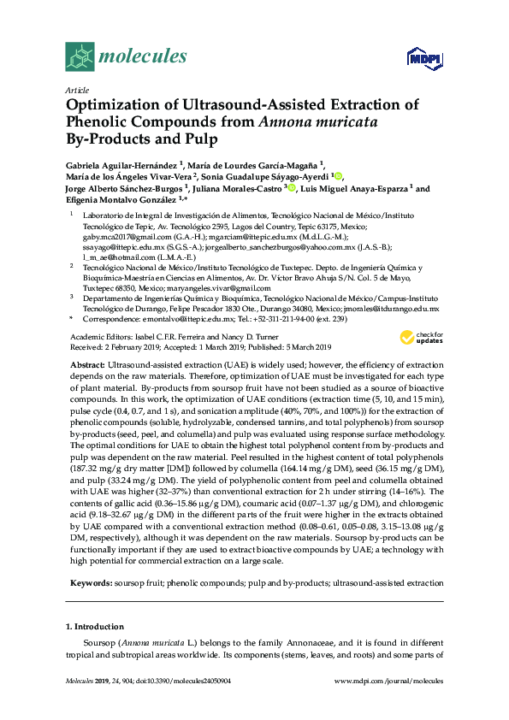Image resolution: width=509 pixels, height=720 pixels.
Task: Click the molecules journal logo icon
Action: coord(80,56)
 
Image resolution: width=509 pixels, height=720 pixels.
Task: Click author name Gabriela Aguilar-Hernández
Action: coord(121,162)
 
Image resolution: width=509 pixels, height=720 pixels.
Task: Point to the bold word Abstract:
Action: coord(86,364)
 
